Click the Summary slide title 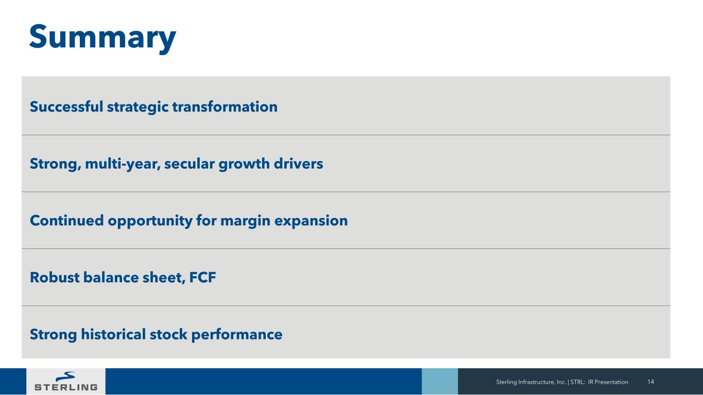tap(102, 38)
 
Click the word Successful tap(66, 106)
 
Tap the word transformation tap(225, 106)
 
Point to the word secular tap(189, 164)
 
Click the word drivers tap(298, 164)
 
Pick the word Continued tap(66, 220)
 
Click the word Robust tap(54, 277)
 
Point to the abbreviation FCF tap(202, 277)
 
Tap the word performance tap(236, 335)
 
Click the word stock tap(168, 334)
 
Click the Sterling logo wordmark tap(66, 387)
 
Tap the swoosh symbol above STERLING tap(65, 376)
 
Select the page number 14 tap(650, 382)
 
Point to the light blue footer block tap(440, 382)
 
